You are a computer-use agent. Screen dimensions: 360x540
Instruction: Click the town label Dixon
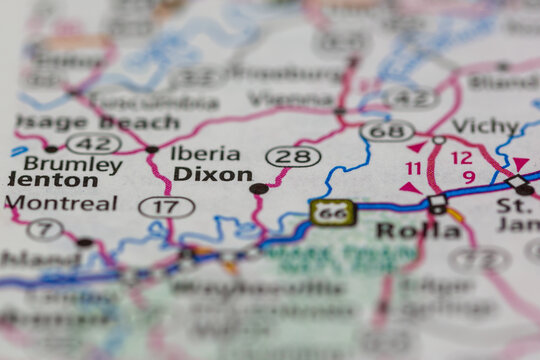(212, 174)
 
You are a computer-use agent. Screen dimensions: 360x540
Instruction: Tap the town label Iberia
(205, 153)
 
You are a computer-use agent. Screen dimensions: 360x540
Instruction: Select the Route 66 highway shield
(331, 212)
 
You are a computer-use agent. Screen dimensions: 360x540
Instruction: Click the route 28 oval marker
(293, 156)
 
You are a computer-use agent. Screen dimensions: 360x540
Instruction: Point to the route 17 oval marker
(167, 207)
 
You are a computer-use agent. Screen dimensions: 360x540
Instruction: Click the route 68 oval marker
(387, 131)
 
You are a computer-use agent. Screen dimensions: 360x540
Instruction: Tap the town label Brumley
(72, 164)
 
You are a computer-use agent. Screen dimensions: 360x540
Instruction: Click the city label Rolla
(405, 230)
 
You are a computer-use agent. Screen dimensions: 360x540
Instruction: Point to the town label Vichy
(486, 126)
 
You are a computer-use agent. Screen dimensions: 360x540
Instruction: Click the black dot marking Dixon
(258, 188)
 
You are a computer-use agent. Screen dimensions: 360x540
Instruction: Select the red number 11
(413, 169)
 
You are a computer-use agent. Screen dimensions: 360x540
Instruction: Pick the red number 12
(461, 158)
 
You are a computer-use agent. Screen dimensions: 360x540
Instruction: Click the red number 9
(468, 177)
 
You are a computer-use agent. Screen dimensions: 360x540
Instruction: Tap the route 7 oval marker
(45, 229)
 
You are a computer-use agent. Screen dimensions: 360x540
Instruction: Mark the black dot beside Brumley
(51, 149)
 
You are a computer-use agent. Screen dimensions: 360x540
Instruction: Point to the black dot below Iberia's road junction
(151, 150)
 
